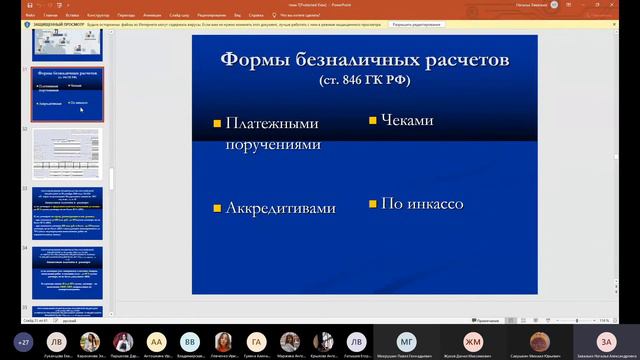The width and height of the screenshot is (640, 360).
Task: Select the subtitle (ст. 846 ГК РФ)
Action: point(364,78)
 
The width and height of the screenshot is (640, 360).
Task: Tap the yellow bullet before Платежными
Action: point(216,124)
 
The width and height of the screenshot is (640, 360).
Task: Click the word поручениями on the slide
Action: point(273,144)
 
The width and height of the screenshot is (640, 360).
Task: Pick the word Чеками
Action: point(407,120)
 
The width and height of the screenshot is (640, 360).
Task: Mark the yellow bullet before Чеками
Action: point(373,120)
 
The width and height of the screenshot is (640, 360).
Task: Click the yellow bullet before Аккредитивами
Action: point(216,209)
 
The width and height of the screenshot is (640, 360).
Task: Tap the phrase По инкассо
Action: point(422,204)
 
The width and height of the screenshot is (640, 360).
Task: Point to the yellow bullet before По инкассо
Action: point(373,204)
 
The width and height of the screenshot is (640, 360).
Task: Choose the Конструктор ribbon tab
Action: point(99,16)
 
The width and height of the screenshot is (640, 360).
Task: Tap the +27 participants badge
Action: point(24,341)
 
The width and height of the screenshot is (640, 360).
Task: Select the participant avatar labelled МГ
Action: point(406,341)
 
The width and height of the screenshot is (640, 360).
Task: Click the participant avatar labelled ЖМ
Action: point(473,341)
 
